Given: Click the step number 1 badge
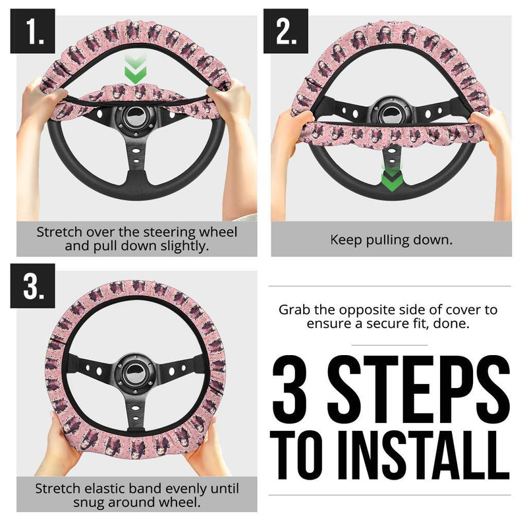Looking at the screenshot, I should click(x=32, y=32).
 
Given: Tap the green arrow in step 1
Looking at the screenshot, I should click(x=136, y=70).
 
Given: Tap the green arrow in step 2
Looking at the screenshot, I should click(x=391, y=177).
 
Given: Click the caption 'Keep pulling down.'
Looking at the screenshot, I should click(x=391, y=240).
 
